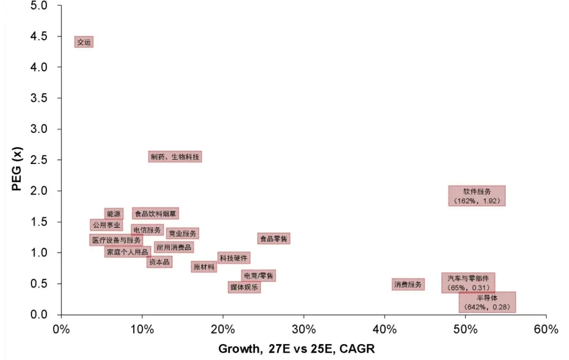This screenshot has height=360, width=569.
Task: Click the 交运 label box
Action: (x=84, y=42)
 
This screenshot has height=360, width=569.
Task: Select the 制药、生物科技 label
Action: (x=175, y=157)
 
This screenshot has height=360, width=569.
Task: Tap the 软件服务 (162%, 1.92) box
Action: (x=477, y=196)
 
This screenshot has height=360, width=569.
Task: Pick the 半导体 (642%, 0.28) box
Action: (x=487, y=302)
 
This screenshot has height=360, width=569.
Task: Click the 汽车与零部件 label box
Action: (x=468, y=283)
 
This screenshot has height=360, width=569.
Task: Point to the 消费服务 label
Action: (x=408, y=285)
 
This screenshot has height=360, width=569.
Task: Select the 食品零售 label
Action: (x=274, y=239)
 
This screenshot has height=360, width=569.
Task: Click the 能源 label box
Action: (x=114, y=214)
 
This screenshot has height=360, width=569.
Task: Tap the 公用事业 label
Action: (x=106, y=225)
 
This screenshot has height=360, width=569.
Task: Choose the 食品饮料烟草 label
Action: (x=155, y=213)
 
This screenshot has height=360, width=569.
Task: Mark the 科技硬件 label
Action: (x=233, y=258)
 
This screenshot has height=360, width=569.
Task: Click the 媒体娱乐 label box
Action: (x=244, y=287)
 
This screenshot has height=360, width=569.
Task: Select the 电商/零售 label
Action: (x=258, y=276)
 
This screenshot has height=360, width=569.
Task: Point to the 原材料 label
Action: (x=204, y=267)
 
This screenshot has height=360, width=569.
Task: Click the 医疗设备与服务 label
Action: (x=116, y=240)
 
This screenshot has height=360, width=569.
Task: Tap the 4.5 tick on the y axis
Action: (x=38, y=36)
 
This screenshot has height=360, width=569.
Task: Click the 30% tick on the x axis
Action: (x=303, y=330)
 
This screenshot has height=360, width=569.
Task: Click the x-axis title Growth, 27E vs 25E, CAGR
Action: (x=297, y=349)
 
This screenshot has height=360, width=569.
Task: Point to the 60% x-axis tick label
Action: (x=546, y=330)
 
